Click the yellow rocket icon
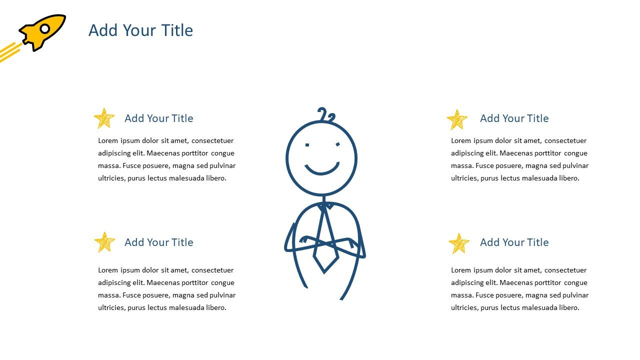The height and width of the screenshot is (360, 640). pos(42,32)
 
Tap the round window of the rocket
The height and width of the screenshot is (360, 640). pos(45,28)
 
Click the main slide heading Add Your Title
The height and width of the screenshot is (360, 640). pos(140,30)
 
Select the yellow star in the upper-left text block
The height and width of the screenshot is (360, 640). pos(104,118)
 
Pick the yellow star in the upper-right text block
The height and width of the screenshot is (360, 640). pos(457,120)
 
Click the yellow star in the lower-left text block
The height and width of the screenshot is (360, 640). pos(104,242)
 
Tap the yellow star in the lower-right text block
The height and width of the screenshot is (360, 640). pos(458,243)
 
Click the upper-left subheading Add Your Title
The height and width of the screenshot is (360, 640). pos(158,118)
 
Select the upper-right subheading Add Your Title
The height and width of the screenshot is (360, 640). pos(514,118)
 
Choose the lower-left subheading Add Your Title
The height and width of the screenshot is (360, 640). pos(158,242)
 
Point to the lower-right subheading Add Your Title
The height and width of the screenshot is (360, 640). pos(514,242)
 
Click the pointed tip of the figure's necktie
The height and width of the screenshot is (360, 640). pos(324,272)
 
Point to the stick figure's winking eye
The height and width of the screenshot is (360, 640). pos(338,144)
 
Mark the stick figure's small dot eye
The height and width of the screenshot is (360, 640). pos(307,145)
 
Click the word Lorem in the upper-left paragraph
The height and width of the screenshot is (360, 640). pos(108,141)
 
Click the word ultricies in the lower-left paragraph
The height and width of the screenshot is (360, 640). pos(111,308)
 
